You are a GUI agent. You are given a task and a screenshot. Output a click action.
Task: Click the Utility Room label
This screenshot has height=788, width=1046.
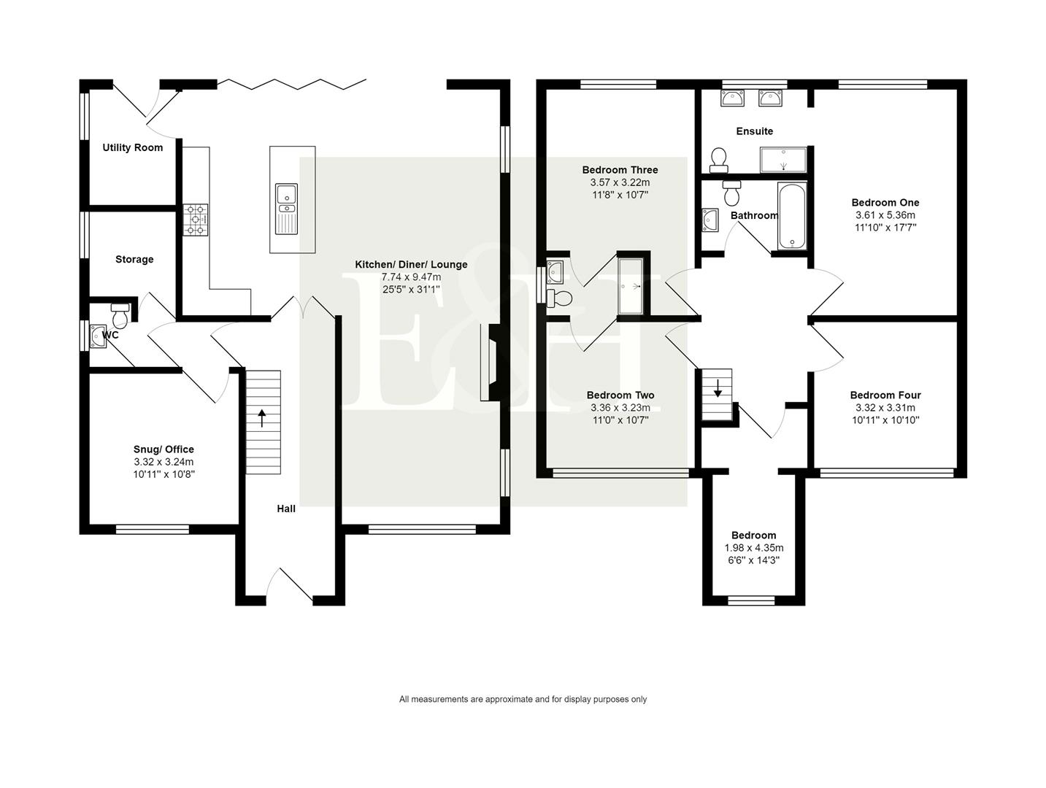pos(132,147)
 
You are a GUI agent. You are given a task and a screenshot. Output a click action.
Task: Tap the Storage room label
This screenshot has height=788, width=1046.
pos(134,259)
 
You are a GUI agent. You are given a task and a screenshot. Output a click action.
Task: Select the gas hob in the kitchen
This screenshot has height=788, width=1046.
pos(195,219)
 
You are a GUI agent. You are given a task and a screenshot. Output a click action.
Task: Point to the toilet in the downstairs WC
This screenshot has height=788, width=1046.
pos(120,315)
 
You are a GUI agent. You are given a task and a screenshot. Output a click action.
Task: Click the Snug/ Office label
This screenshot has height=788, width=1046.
pos(164,449)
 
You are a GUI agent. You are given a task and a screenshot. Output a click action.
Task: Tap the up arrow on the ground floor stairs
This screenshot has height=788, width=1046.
pos(261,419)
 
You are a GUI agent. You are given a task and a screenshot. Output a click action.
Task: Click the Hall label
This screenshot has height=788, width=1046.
pos(286,509)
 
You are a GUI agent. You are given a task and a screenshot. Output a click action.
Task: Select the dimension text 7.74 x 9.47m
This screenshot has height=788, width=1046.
pos(411,277)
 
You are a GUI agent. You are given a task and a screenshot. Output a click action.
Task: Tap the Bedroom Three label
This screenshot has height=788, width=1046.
pos(620,170)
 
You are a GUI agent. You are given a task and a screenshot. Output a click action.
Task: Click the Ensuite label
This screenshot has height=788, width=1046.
pos(754,131)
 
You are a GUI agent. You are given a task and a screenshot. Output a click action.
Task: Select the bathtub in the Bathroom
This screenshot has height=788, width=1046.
pos(791,216)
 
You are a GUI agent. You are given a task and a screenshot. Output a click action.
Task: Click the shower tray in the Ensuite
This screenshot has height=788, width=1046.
pos(783,159)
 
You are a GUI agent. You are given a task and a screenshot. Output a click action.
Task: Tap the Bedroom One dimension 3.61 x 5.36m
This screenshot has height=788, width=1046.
pos(885,215)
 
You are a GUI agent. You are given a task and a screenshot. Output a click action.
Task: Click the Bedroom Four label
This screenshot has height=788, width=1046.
pos(885,395)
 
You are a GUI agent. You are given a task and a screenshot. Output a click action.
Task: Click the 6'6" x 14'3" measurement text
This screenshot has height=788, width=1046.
pos(753,560)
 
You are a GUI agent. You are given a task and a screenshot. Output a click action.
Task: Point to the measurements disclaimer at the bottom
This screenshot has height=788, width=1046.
pos(523,699)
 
